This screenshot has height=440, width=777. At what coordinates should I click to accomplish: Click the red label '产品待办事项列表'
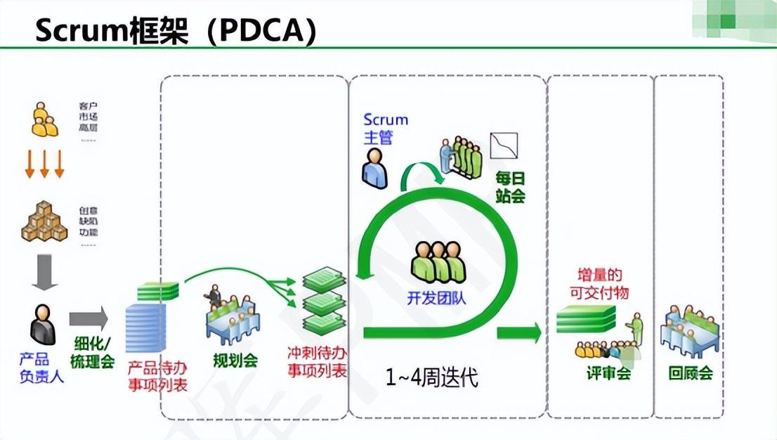coord(157,376)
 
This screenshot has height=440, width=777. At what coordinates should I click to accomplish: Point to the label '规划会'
coord(235,361)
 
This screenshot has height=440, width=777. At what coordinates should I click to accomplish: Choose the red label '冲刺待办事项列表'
coord(318,361)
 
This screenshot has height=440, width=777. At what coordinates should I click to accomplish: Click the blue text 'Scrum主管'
coord(385,129)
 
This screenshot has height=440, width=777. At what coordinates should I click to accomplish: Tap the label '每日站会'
coord(510,187)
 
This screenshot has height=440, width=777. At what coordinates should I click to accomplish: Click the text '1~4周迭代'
coord(431,378)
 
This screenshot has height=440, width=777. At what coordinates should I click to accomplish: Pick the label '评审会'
coord(608,373)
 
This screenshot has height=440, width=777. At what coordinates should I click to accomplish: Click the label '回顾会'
coord(691,373)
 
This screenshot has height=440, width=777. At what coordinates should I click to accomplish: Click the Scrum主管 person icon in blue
coord(374,171)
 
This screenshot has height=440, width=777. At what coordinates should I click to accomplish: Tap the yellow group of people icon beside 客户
coord(44,119)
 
